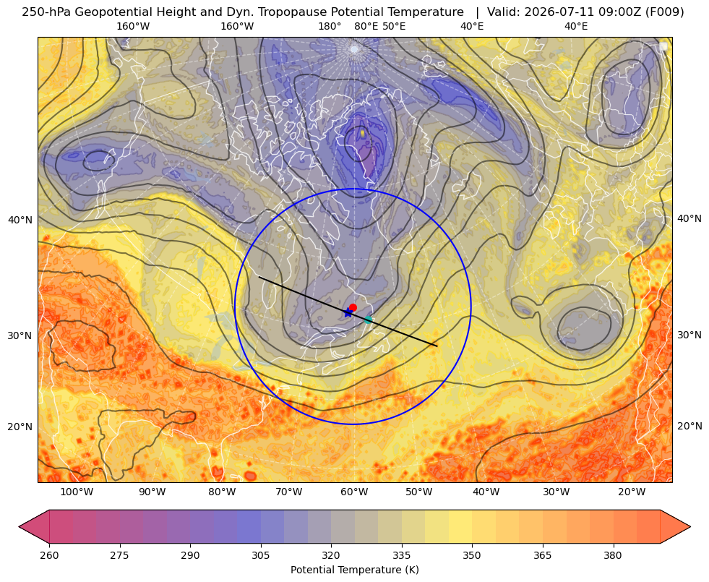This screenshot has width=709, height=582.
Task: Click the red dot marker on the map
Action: click(353, 307)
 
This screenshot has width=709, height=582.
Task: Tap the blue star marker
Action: click(348, 312)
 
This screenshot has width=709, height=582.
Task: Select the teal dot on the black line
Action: click(369, 320)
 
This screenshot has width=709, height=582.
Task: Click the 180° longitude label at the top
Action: click(330, 26)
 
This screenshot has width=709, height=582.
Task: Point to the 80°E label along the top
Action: click(366, 26)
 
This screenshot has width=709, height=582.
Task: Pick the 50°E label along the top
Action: click(394, 26)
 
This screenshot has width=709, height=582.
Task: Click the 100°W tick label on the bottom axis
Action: click(77, 492)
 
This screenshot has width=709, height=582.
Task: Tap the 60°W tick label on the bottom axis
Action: click(354, 492)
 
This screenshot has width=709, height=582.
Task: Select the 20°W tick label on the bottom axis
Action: click(632, 492)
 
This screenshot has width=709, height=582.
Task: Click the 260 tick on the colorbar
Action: click(49, 555)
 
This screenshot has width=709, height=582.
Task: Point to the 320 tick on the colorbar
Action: click(331, 555)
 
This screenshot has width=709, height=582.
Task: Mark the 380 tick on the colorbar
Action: click(613, 555)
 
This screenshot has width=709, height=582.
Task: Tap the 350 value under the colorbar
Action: click(472, 555)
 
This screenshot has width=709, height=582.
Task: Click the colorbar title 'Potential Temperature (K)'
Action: click(354, 570)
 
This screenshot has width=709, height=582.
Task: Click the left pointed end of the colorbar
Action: click(19, 526)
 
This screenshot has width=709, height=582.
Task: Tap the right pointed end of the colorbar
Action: click(690, 526)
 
